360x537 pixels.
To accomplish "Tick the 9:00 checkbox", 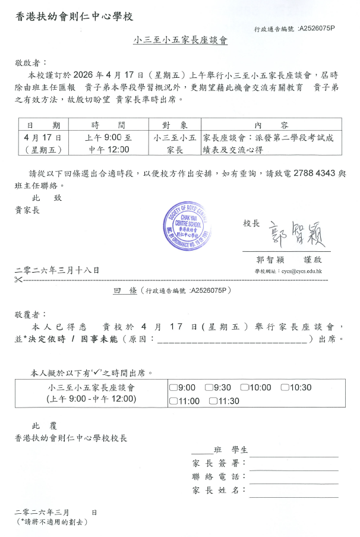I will coord(173,388).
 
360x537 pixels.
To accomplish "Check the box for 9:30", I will coord(209,388).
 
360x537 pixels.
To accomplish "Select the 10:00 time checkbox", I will coord(244,388).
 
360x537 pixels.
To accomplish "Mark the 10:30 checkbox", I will coord(285,388).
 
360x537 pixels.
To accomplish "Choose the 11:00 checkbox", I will coord(173,401).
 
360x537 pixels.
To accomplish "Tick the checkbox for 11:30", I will coord(213,401).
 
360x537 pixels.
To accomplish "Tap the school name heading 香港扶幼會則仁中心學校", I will coord(74,16).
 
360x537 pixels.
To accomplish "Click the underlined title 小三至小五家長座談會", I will coord(181,41).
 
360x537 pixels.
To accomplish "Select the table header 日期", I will coord(43,125).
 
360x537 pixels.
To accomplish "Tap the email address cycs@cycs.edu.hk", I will coord(303,271).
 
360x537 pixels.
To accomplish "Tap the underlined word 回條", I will coord(125,290).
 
